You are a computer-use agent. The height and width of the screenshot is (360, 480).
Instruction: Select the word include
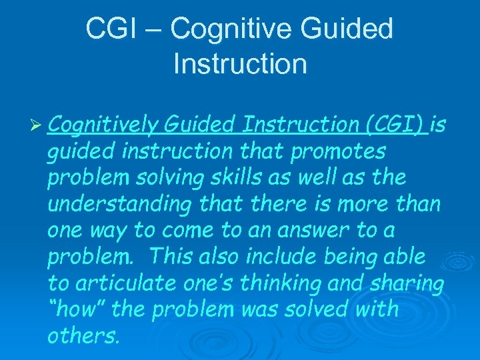pyautogui.click(x=289, y=257)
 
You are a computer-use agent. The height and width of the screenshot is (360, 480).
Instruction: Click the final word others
pyautogui.click(x=83, y=335)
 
